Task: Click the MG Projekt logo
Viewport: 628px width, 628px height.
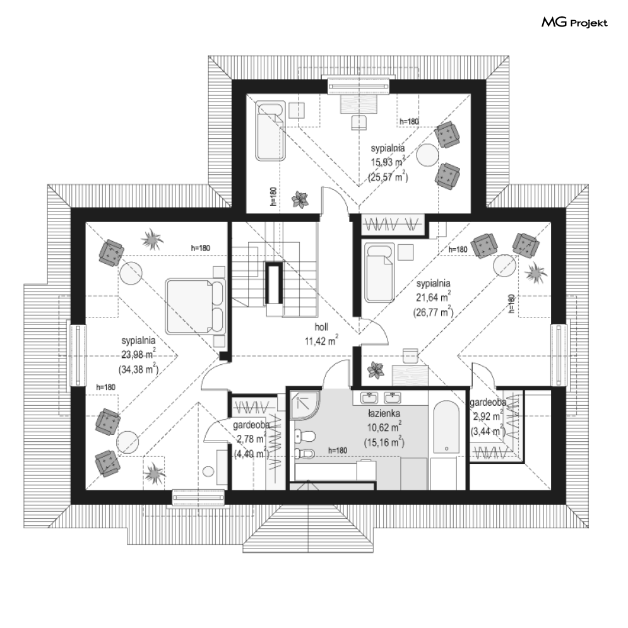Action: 574,23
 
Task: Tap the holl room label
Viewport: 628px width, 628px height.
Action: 321,327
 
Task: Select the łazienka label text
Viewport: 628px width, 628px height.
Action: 384,413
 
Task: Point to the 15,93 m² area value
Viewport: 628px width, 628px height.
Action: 388,162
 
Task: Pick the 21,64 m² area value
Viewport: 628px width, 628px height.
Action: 433,297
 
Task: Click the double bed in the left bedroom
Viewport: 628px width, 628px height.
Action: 196,306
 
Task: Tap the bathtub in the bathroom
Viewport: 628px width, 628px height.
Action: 447,427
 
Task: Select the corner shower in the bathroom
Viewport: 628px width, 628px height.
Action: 305,406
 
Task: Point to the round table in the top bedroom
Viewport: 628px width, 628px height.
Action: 427,155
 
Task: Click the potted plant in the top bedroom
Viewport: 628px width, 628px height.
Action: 300,199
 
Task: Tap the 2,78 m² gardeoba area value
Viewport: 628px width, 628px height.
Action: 251,439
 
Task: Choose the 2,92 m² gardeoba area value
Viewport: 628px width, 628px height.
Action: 488,417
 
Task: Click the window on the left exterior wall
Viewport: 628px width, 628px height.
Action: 78,355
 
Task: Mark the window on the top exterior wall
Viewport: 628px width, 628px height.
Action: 358,86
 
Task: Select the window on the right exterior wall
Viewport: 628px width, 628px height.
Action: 559,355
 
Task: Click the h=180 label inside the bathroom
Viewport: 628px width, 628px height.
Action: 338,451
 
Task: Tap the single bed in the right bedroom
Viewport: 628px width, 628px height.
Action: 379,273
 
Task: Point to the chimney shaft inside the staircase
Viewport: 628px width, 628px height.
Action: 274,283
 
